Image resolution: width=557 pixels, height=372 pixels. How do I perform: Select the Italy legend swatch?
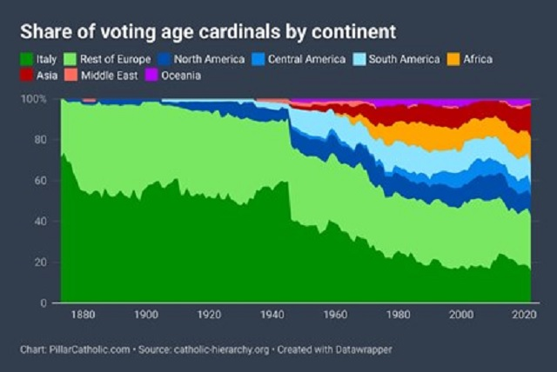(26, 59)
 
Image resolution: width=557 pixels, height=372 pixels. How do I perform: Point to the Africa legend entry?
(476, 59)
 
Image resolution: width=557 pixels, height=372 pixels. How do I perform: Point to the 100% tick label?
(36, 99)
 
